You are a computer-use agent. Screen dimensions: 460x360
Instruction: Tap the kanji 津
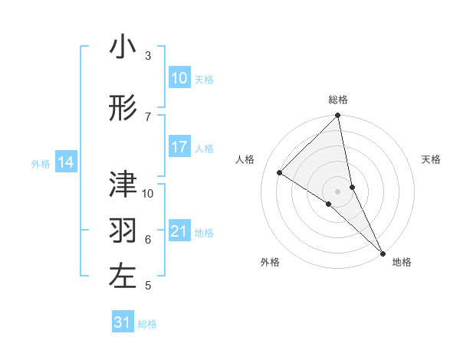123,184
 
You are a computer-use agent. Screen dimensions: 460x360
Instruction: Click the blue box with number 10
179,78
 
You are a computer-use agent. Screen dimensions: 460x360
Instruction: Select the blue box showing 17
179,147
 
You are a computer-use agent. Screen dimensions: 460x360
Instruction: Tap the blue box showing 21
179,231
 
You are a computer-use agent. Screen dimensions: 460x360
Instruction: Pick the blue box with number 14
66,162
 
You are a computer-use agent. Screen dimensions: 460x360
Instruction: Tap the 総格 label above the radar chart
338,100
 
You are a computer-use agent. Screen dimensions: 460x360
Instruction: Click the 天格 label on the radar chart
431,159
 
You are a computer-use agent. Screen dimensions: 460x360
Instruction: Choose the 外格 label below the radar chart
270,262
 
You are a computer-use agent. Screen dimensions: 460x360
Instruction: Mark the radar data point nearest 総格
338,116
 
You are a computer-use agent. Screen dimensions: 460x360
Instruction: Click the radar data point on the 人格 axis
280,173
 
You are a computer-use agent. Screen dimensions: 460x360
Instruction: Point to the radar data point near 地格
383,252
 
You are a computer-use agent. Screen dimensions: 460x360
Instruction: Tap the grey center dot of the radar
338,191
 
